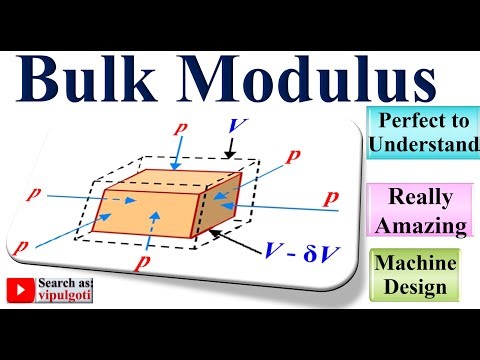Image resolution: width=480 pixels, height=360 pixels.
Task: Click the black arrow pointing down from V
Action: coord(231,150)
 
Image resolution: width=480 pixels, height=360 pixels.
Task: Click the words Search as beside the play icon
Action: coord(66,285)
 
